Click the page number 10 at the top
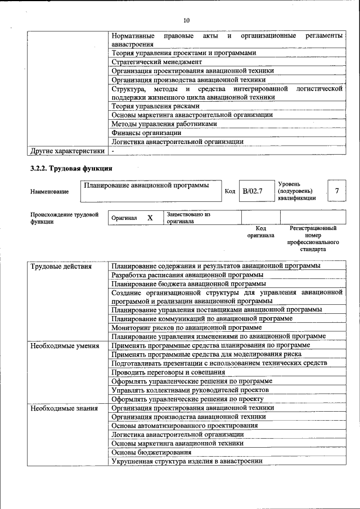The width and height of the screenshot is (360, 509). click(187, 21)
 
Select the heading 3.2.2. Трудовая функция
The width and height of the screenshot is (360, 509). click(71, 168)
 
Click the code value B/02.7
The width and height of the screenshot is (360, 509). click(253, 191)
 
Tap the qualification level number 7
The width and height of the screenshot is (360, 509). click(336, 191)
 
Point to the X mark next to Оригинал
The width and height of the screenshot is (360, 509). click(150, 218)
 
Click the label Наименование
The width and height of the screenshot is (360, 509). click(49, 192)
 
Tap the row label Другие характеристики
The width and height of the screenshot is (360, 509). click(67, 151)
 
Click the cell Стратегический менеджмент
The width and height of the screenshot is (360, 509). click(156, 62)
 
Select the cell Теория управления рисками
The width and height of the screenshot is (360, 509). click(155, 106)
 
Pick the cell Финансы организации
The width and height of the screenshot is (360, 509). click(146, 133)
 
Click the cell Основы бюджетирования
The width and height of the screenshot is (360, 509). click(151, 452)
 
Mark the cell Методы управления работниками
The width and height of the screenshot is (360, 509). click(164, 124)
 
